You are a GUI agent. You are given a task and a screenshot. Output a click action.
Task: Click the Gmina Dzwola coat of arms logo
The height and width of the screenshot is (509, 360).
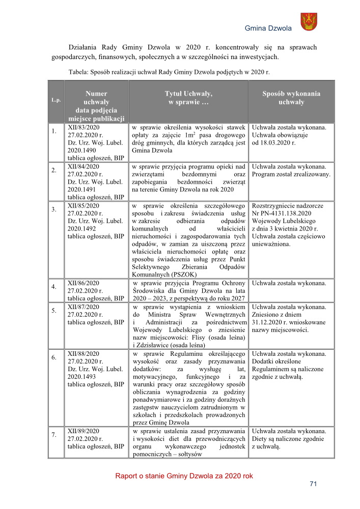(308, 22)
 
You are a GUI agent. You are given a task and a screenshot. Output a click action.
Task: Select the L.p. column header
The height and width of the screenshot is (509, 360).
(56, 100)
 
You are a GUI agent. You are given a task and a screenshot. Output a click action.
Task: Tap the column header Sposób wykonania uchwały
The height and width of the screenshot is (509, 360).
(291, 98)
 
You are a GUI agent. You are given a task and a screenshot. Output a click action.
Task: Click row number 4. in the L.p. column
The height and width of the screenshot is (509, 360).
(54, 287)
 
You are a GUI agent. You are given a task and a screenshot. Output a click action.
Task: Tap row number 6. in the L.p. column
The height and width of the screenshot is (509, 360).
(54, 358)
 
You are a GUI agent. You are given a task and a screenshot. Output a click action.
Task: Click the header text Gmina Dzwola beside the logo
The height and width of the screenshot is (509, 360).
(268, 29)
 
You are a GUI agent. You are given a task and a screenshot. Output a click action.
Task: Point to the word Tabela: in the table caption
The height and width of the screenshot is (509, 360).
(78, 72)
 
